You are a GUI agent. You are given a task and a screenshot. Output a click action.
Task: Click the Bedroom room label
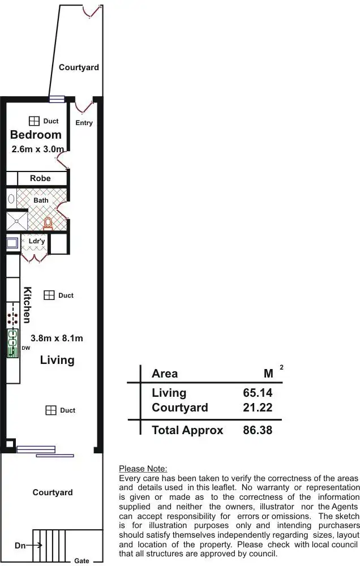click(x=36, y=135)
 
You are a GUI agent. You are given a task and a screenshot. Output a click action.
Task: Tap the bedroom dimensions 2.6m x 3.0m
click(x=37, y=149)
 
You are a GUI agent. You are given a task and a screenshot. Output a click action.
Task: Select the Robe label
click(x=40, y=178)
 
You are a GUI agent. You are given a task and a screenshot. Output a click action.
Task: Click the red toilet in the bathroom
click(x=48, y=223)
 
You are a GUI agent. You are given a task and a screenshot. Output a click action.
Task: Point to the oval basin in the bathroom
click(x=11, y=199)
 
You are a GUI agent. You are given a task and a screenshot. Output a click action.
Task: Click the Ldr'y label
click(x=37, y=241)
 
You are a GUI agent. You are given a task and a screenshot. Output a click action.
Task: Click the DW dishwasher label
click(x=25, y=348)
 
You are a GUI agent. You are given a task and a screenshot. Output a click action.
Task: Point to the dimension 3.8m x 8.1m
click(x=57, y=338)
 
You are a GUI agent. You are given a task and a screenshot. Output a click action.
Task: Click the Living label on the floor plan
click(x=57, y=360)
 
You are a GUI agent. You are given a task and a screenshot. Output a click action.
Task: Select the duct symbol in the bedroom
click(x=34, y=121)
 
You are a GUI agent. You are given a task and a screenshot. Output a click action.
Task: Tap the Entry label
click(x=84, y=123)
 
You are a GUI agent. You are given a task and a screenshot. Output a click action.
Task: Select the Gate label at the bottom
click(x=82, y=561)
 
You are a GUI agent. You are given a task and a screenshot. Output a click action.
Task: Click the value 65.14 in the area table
click(x=258, y=393)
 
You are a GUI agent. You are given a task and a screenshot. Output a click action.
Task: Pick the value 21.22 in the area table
click(x=258, y=408)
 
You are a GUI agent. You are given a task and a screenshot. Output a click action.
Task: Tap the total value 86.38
click(x=258, y=430)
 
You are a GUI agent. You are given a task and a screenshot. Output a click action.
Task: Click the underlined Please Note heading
click(x=143, y=469)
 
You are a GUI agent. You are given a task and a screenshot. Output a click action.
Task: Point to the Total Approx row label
click(x=187, y=430)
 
